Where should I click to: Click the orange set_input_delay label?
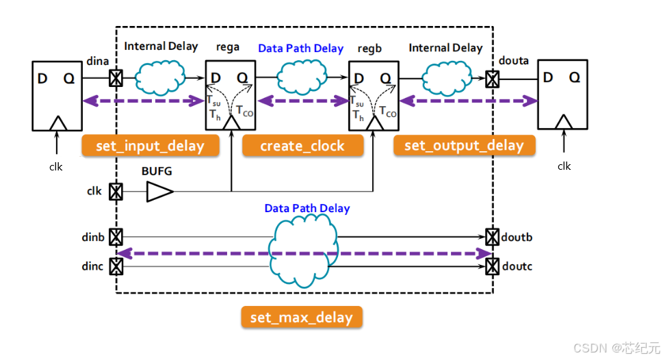click(151, 145)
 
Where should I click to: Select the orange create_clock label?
click(302, 145)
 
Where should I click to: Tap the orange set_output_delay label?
click(464, 145)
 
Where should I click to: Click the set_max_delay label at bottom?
click(301, 317)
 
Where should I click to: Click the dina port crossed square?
click(116, 79)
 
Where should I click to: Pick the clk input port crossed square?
click(116, 192)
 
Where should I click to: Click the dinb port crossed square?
click(116, 237)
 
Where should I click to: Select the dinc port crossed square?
click(116, 266)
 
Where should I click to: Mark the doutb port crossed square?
click(492, 237)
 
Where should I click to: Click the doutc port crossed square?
click(492, 266)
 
